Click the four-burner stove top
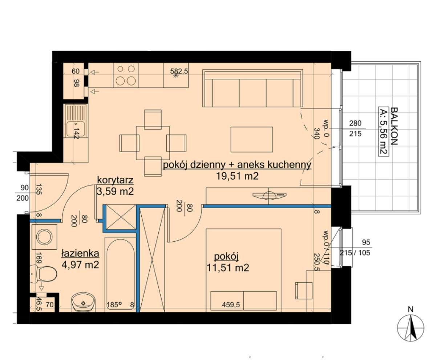coord(126,75)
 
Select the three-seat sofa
coord(253,88)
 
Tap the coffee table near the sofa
coord(252,139)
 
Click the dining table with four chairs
coord(153,143)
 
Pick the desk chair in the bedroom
coord(304,290)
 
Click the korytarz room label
coord(115,180)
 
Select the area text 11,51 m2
coord(228,267)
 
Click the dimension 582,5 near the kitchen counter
coord(179,71)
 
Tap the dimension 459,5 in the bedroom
coord(231,305)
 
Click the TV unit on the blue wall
coord(270,195)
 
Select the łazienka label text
coord(80,253)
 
